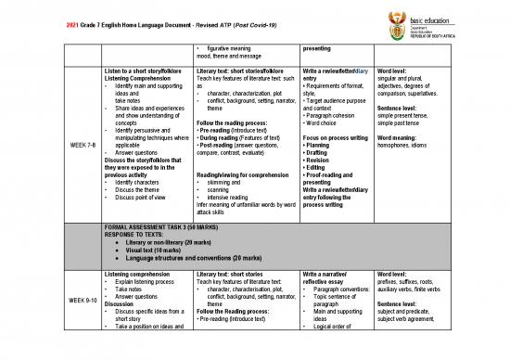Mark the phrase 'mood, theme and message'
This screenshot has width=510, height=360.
pos(236,55)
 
